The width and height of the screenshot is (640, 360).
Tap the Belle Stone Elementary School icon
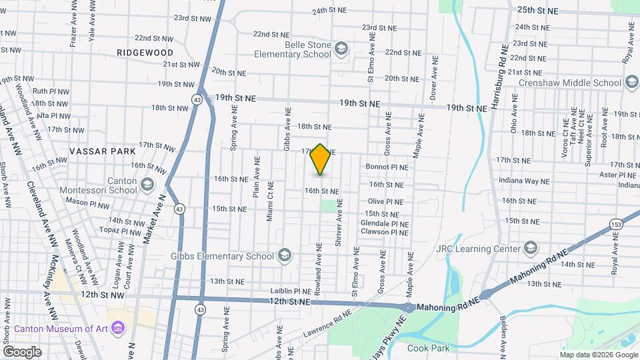pyautogui.click(x=341, y=47)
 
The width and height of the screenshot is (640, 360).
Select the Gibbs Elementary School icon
pyautogui.click(x=284, y=256)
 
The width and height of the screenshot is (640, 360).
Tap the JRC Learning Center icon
pyautogui.click(x=530, y=249)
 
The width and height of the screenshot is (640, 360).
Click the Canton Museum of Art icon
pyautogui.click(x=119, y=327)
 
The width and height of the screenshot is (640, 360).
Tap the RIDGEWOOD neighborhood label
pyautogui.click(x=145, y=52)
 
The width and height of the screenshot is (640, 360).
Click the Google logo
pyautogui.click(x=22, y=351)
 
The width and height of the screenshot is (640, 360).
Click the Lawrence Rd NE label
pyautogui.click(x=326, y=322)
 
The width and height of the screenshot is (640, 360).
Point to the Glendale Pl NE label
pyautogui.click(x=385, y=223)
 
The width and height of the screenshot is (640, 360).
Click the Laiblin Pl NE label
pyautogui.click(x=291, y=291)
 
